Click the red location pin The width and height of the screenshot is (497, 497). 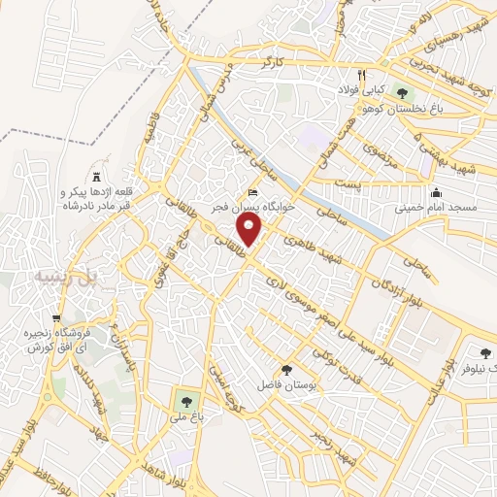[x=250, y=231]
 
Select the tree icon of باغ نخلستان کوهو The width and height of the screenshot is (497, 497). [x=402, y=92]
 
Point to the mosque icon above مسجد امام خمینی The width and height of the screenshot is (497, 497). [x=436, y=191]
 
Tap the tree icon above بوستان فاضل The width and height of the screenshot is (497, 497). [x=285, y=369]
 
